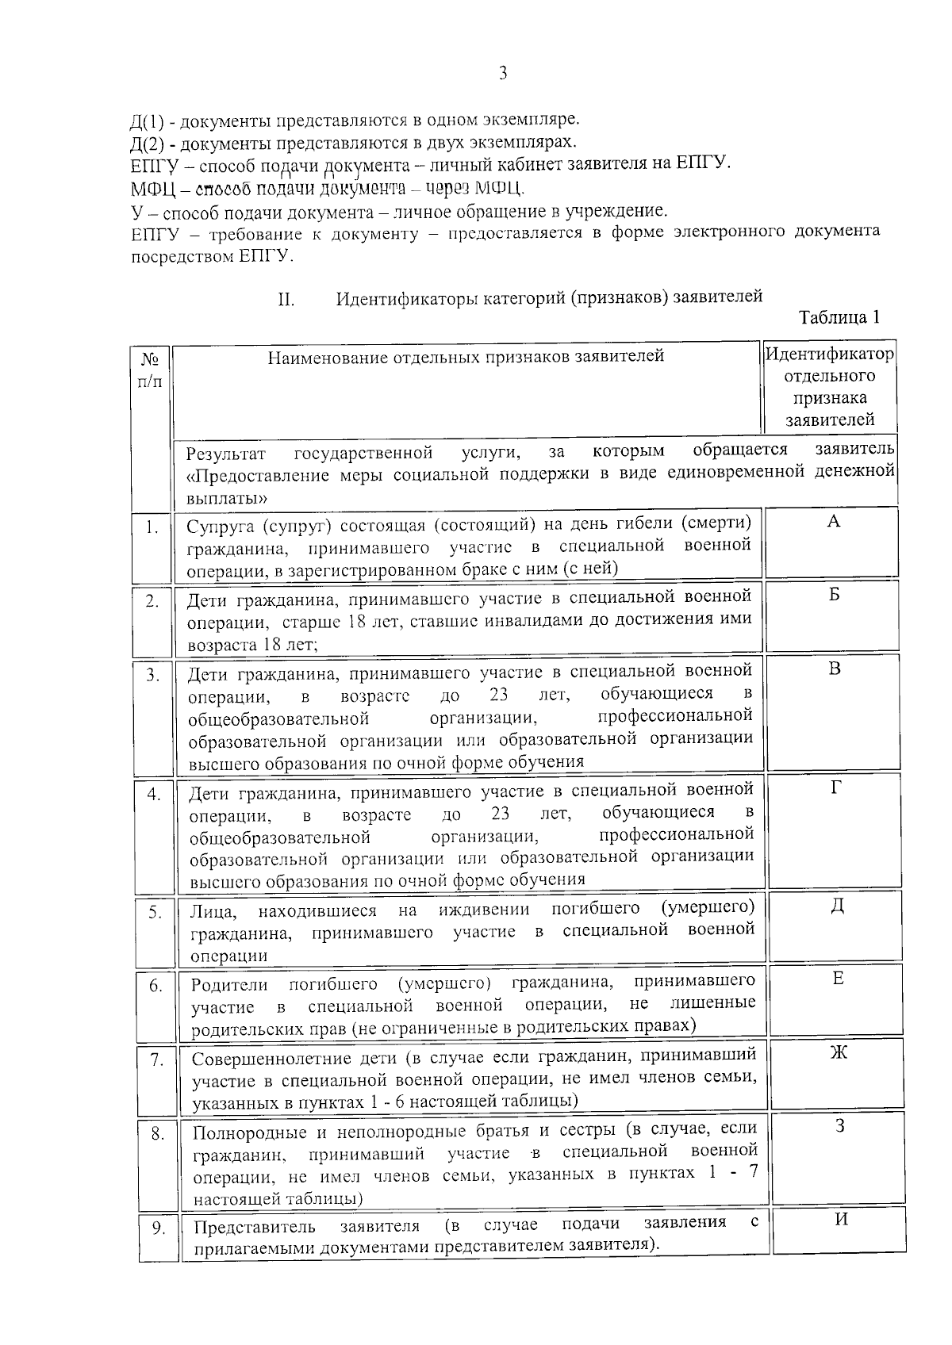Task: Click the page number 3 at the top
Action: [x=503, y=75]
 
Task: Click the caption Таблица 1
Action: [x=839, y=317]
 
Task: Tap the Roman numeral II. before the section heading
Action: [x=286, y=300]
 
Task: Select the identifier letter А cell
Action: [x=833, y=521]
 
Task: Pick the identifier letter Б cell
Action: [x=834, y=595]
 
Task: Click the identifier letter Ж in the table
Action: [x=839, y=1052]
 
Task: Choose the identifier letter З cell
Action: [x=839, y=1125]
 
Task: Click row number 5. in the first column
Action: [x=155, y=913]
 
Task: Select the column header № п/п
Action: [x=150, y=370]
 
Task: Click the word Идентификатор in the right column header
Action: [x=830, y=354]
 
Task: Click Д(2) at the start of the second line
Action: [x=147, y=144]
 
